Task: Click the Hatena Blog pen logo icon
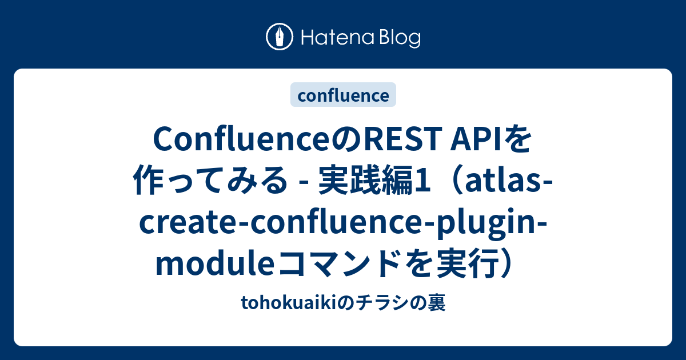tap(280, 37)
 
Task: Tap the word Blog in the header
tap(397, 38)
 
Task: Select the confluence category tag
tap(343, 95)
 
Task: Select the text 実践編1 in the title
tap(373, 182)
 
